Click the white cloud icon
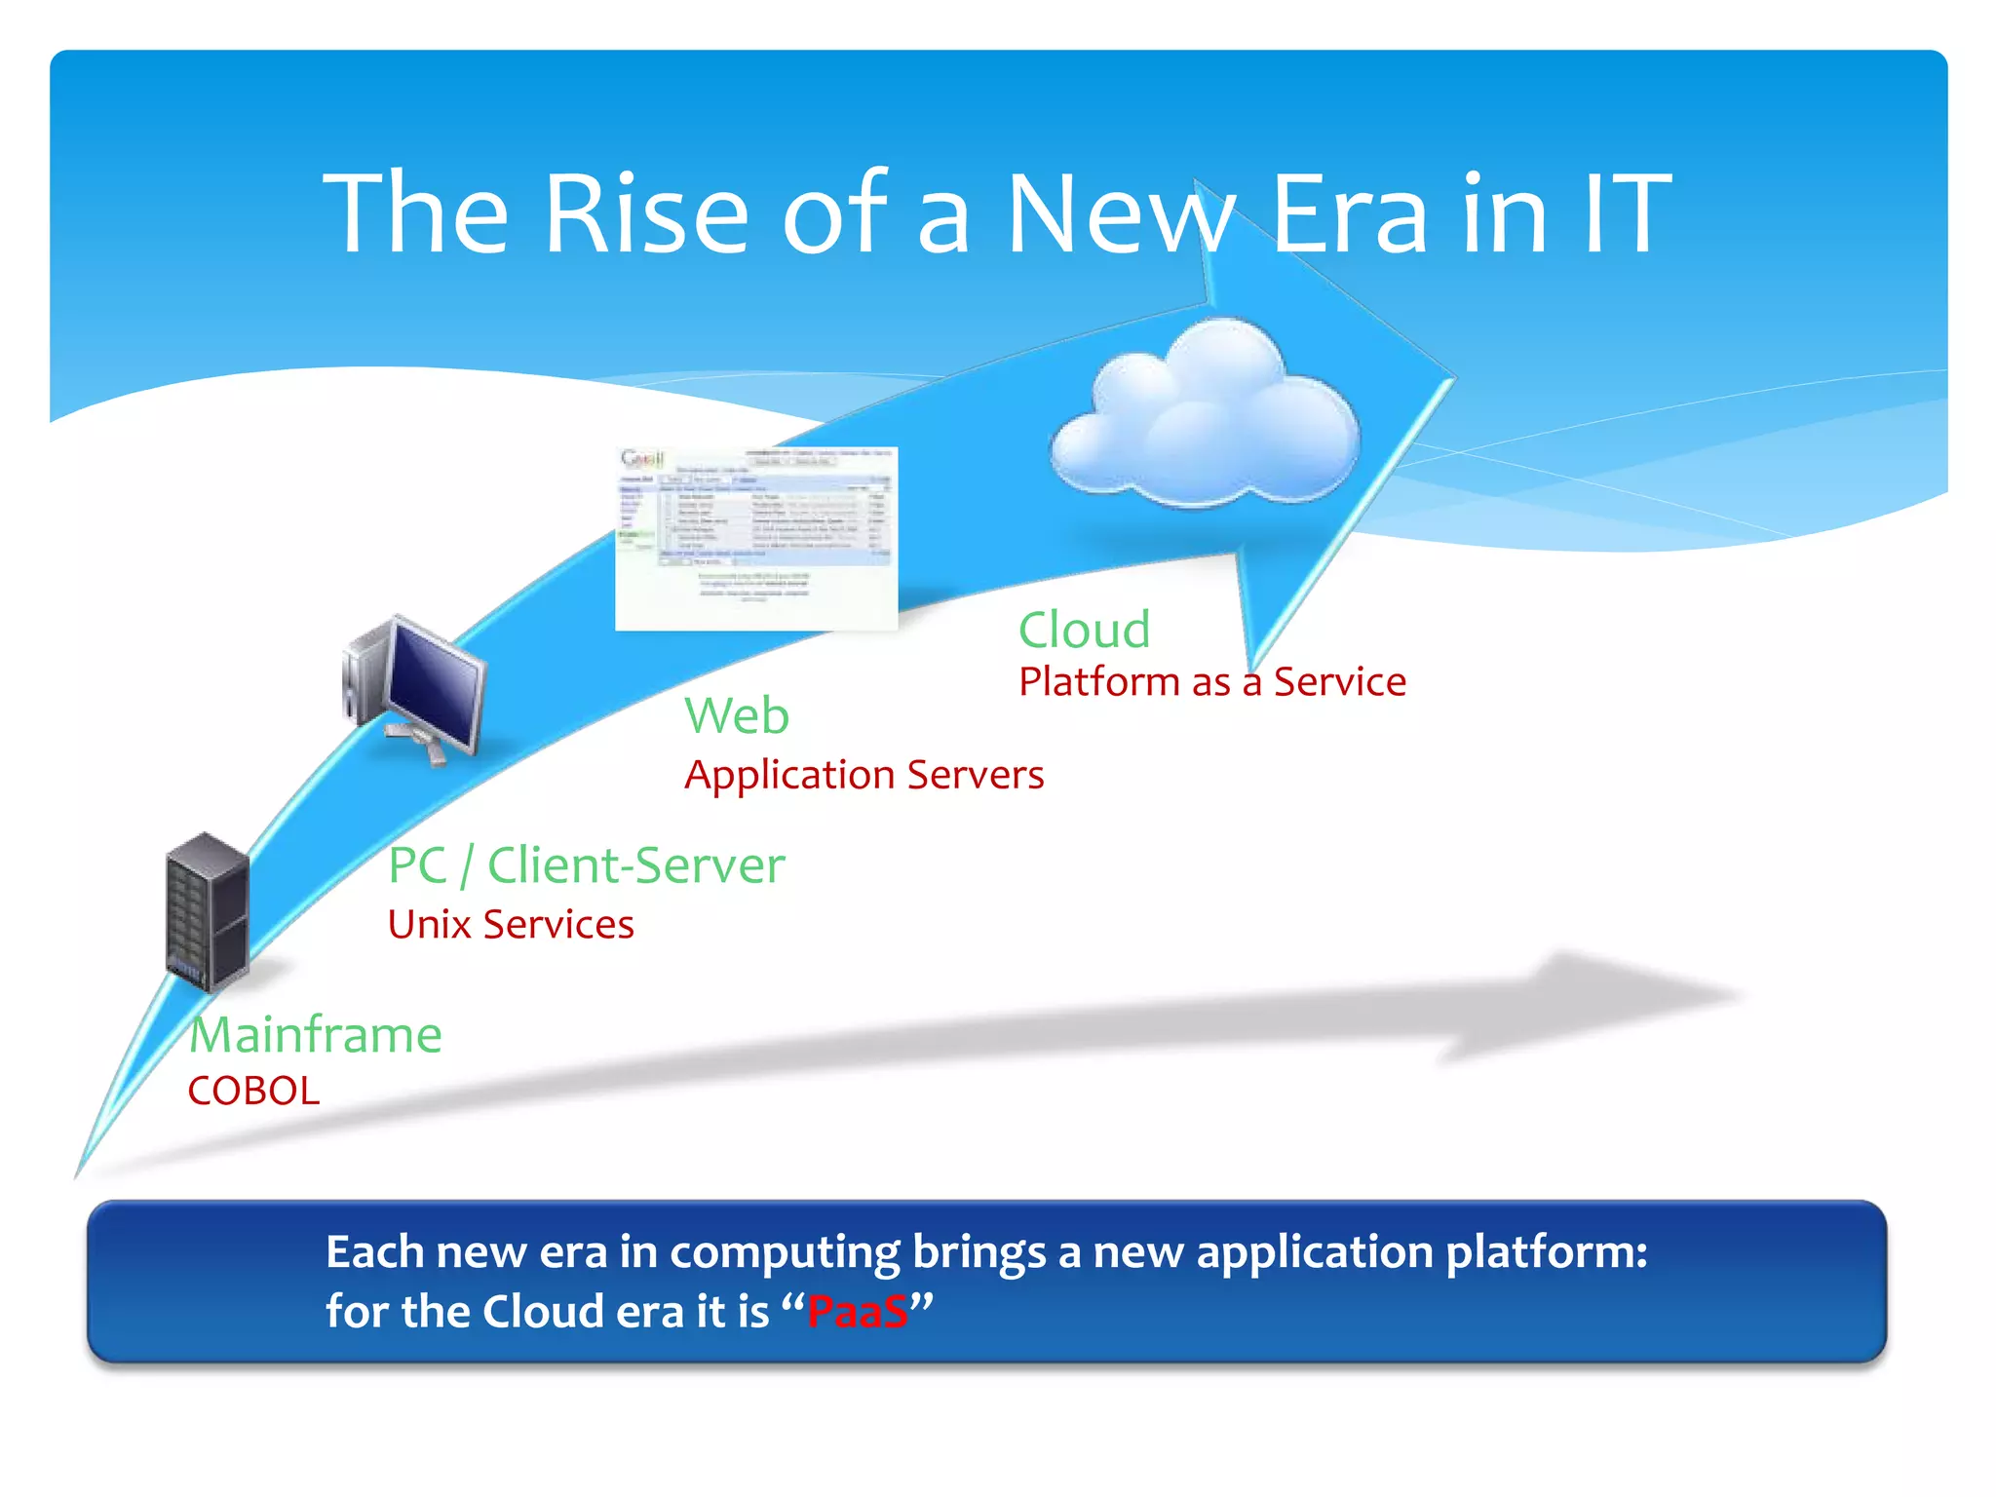1207,417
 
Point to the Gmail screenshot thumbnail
756,538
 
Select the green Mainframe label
315,1034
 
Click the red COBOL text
253,1091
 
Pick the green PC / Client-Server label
586,865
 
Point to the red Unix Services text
511,924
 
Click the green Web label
737,715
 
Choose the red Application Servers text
864,775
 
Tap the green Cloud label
1084,630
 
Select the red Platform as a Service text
1212,682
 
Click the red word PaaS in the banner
858,1312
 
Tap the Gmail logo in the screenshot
642,458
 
